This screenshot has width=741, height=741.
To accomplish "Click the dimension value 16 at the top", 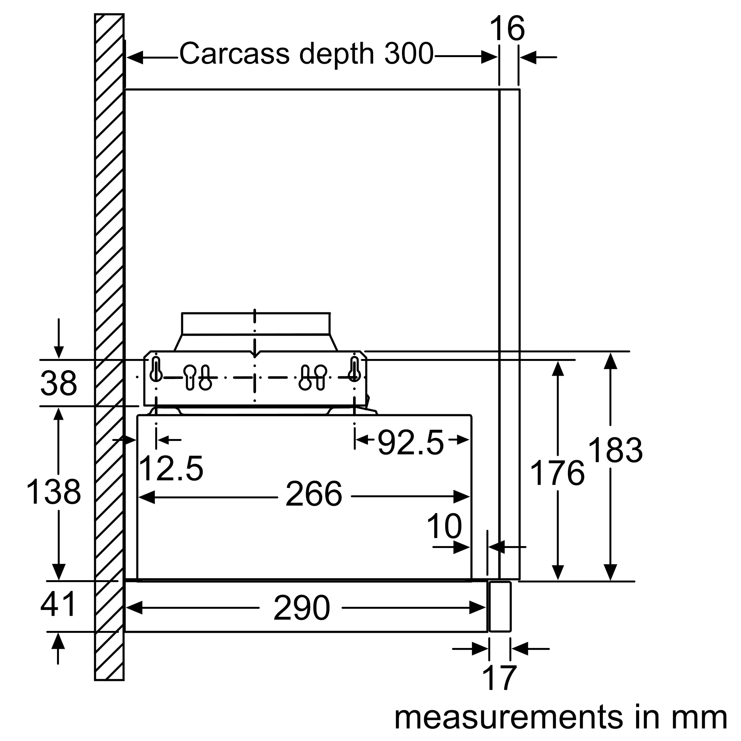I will click(507, 29).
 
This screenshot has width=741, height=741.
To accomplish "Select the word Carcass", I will click(235, 54).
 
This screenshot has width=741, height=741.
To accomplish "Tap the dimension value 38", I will click(59, 383).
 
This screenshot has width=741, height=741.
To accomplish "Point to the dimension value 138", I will click(53, 492).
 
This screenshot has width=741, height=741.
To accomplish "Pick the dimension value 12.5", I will click(171, 468).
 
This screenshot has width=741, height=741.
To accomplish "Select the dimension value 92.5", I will click(411, 443).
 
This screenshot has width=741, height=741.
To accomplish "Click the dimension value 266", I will click(314, 494).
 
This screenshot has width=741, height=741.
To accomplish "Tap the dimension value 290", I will click(302, 608).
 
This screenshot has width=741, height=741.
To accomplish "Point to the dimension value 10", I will click(444, 527).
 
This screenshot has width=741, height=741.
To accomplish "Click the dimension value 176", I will click(557, 473).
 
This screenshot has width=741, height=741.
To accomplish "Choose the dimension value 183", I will click(615, 451).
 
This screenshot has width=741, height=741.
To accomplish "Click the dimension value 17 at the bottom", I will click(499, 678).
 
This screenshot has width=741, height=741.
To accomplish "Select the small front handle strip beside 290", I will click(500, 607).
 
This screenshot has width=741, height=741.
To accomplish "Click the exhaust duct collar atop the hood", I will click(256, 324).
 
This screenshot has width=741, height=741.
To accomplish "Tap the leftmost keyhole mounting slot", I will click(156, 369).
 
